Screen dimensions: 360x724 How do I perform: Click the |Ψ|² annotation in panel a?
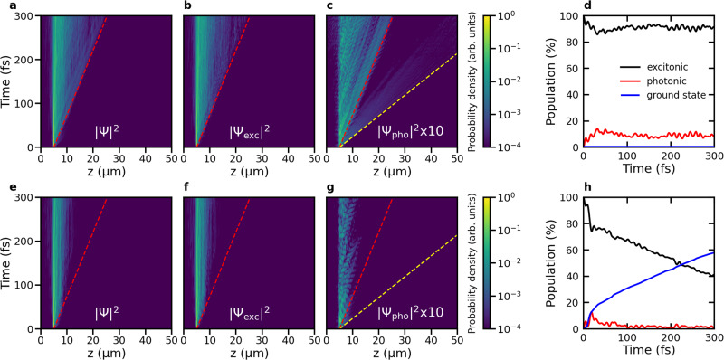pos(109,129)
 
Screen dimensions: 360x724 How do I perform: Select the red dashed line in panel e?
pos(81,262)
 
